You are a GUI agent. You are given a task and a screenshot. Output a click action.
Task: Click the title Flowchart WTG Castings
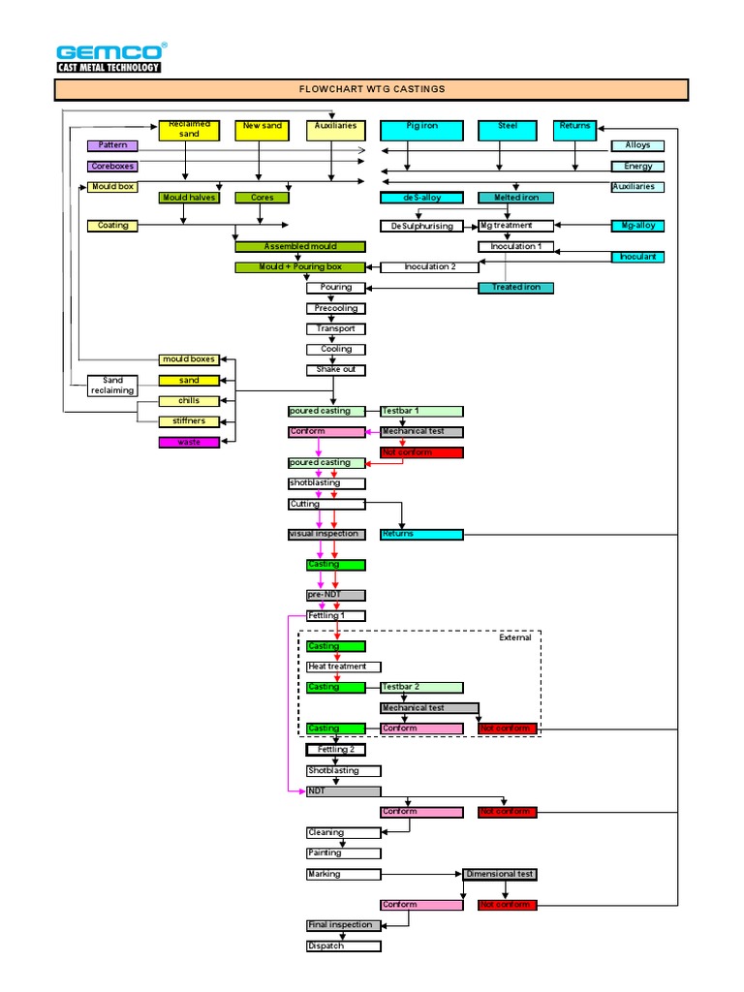pyautogui.click(x=371, y=90)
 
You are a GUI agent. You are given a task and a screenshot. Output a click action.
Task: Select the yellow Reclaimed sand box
pyautogui.click(x=189, y=130)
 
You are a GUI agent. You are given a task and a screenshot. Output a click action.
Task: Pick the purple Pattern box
pyautogui.click(x=113, y=145)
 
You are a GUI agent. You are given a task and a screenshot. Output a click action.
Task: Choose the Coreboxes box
pyautogui.click(x=113, y=166)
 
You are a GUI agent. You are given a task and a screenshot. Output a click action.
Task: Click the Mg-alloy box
pyautogui.click(x=637, y=226)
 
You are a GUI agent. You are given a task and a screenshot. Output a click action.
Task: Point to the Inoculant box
pyautogui.click(x=637, y=257)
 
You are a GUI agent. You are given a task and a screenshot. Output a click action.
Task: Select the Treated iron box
pyautogui.click(x=515, y=288)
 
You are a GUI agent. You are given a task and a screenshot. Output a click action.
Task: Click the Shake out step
pyautogui.click(x=335, y=370)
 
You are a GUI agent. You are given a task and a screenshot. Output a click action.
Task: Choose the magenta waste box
pyautogui.click(x=189, y=443)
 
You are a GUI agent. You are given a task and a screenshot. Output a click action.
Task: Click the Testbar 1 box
pyautogui.click(x=421, y=411)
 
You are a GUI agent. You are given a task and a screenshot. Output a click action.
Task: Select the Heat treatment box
pyautogui.click(x=343, y=666)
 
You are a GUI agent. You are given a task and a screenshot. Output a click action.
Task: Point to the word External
pyautogui.click(x=515, y=638)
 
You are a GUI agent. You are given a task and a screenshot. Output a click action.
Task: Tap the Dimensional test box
pyautogui.click(x=499, y=874)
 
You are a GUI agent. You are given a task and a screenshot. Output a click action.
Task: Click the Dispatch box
pyautogui.click(x=343, y=945)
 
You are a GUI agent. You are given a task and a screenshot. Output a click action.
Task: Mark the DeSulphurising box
pyautogui.click(x=421, y=226)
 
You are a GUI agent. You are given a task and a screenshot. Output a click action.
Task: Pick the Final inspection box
pyautogui.click(x=343, y=925)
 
